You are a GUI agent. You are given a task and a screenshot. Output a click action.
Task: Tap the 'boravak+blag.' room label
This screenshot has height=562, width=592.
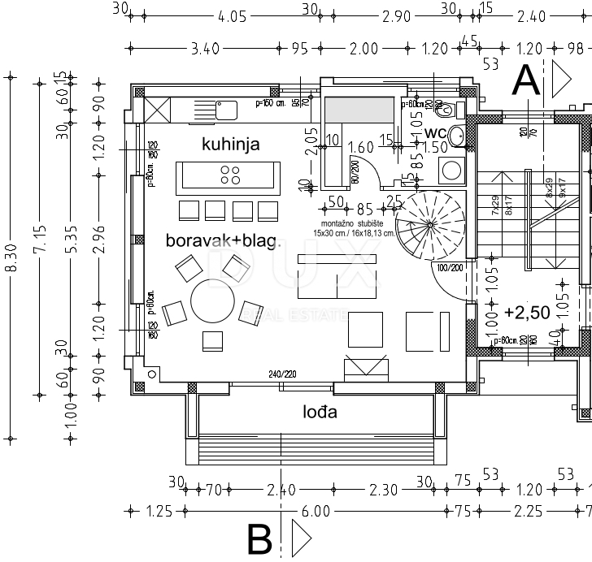point(223,240)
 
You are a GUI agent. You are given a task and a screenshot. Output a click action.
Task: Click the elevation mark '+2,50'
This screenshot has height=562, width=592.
point(527,311)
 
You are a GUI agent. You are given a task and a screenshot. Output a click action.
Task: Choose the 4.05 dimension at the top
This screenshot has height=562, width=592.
point(232,15)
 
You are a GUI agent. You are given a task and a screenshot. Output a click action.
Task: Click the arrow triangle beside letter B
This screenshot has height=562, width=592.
point(301,538)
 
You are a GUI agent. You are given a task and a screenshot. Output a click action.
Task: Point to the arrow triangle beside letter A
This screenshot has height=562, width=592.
point(562,79)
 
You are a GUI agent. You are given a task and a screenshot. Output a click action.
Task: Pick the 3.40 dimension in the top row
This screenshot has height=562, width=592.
point(203,49)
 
